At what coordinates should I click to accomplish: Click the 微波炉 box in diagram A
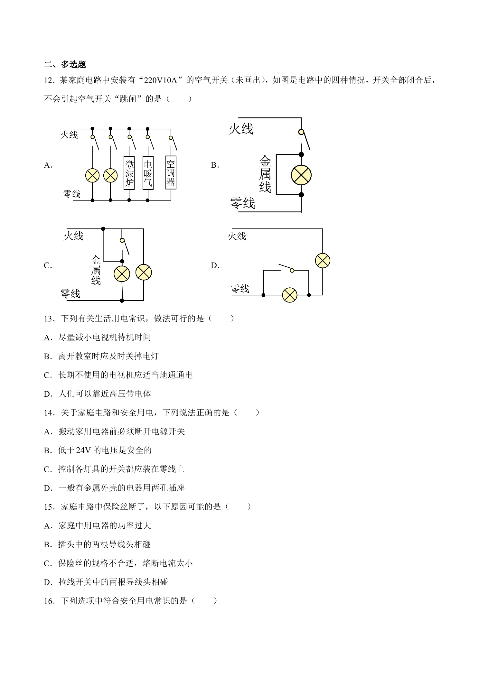(129, 173)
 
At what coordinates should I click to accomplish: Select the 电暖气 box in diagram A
(148, 173)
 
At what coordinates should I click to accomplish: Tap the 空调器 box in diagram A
(171, 172)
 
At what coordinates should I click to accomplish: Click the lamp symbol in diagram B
(301, 175)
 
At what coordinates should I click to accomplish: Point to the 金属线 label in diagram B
(265, 174)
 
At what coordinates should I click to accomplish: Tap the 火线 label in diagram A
(69, 134)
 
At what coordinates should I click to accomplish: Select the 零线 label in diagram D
(240, 288)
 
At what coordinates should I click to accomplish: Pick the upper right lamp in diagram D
(323, 261)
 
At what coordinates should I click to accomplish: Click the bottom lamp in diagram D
(290, 295)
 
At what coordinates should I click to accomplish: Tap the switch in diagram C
(125, 246)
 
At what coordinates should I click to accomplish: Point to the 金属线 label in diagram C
(96, 270)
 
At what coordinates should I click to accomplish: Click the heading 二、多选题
(65, 64)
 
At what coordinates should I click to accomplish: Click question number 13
(48, 319)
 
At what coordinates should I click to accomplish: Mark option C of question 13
(118, 375)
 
